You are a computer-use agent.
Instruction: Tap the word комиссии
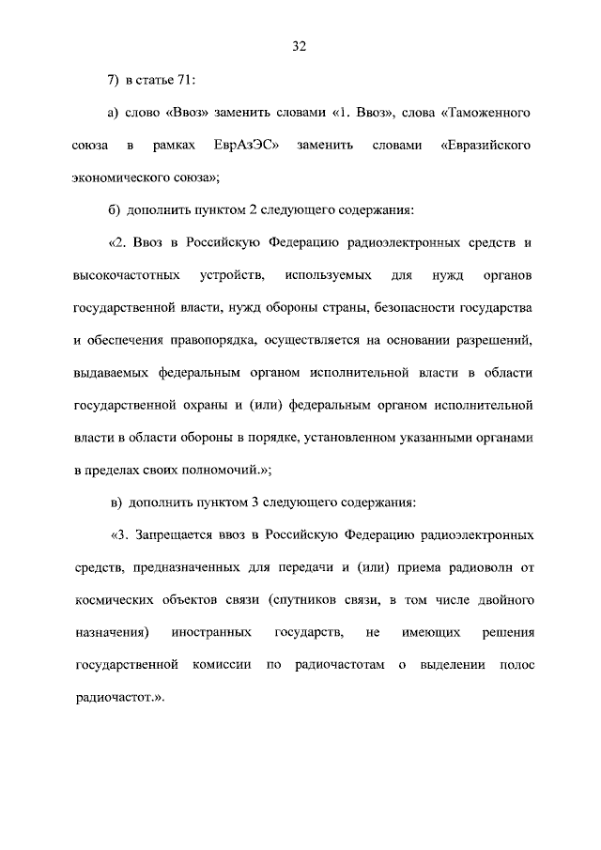pyautogui.click(x=224, y=666)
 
